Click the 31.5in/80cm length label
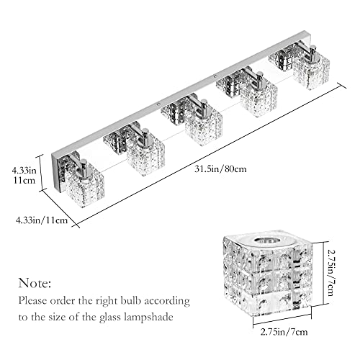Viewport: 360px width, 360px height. (x=220, y=169)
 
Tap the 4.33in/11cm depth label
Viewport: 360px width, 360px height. (x=42, y=220)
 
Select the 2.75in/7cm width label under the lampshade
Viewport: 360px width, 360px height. (x=284, y=332)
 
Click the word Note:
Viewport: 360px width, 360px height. (x=35, y=283)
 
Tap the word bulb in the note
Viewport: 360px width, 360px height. (x=131, y=300)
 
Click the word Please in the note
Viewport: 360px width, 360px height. (x=32, y=300)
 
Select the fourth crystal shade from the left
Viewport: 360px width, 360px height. (x=258, y=99)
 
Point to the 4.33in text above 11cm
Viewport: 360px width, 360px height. (x=24, y=171)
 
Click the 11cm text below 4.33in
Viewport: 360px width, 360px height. (x=24, y=180)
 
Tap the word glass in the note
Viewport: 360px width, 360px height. (x=110, y=318)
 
